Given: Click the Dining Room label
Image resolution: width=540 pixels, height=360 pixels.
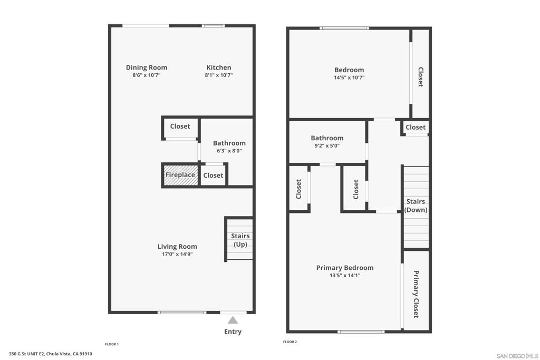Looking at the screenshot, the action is (147, 67).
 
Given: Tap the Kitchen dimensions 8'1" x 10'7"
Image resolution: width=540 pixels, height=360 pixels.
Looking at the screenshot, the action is (219, 75).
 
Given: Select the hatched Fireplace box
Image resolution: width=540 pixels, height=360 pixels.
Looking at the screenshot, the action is (180, 175).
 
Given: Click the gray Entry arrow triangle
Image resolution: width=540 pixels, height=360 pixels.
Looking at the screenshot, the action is (233, 320).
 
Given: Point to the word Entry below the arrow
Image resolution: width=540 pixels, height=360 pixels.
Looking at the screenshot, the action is (233, 332).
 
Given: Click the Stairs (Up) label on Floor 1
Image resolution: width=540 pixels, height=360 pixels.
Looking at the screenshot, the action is (240, 240).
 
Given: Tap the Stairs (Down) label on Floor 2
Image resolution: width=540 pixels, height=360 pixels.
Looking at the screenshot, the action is (416, 206).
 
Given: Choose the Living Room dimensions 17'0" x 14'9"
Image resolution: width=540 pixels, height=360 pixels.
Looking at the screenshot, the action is (177, 255).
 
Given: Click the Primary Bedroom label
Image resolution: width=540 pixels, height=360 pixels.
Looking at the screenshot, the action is (345, 267).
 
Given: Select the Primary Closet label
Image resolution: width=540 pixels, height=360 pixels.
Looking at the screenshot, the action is (416, 294).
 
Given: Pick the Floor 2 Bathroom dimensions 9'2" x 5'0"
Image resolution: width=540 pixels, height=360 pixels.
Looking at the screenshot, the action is (327, 145).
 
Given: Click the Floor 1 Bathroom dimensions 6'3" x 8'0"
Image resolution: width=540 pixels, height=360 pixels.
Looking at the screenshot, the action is (229, 151).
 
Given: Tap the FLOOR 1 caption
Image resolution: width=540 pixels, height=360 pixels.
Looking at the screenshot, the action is (112, 344).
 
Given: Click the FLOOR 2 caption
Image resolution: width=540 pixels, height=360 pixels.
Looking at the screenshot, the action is (290, 342).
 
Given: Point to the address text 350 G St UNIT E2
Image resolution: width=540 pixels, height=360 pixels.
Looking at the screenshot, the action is (27, 354).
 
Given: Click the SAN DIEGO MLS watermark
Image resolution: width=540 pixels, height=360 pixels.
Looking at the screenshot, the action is (517, 356).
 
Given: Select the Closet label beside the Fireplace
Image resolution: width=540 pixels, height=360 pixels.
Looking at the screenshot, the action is (213, 175).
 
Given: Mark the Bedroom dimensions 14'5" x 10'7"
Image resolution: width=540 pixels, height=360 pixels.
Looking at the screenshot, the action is (349, 77).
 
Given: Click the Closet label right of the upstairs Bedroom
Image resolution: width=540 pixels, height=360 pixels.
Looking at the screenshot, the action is (420, 77).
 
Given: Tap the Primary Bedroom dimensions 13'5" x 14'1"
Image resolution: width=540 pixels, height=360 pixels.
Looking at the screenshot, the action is (345, 275).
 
